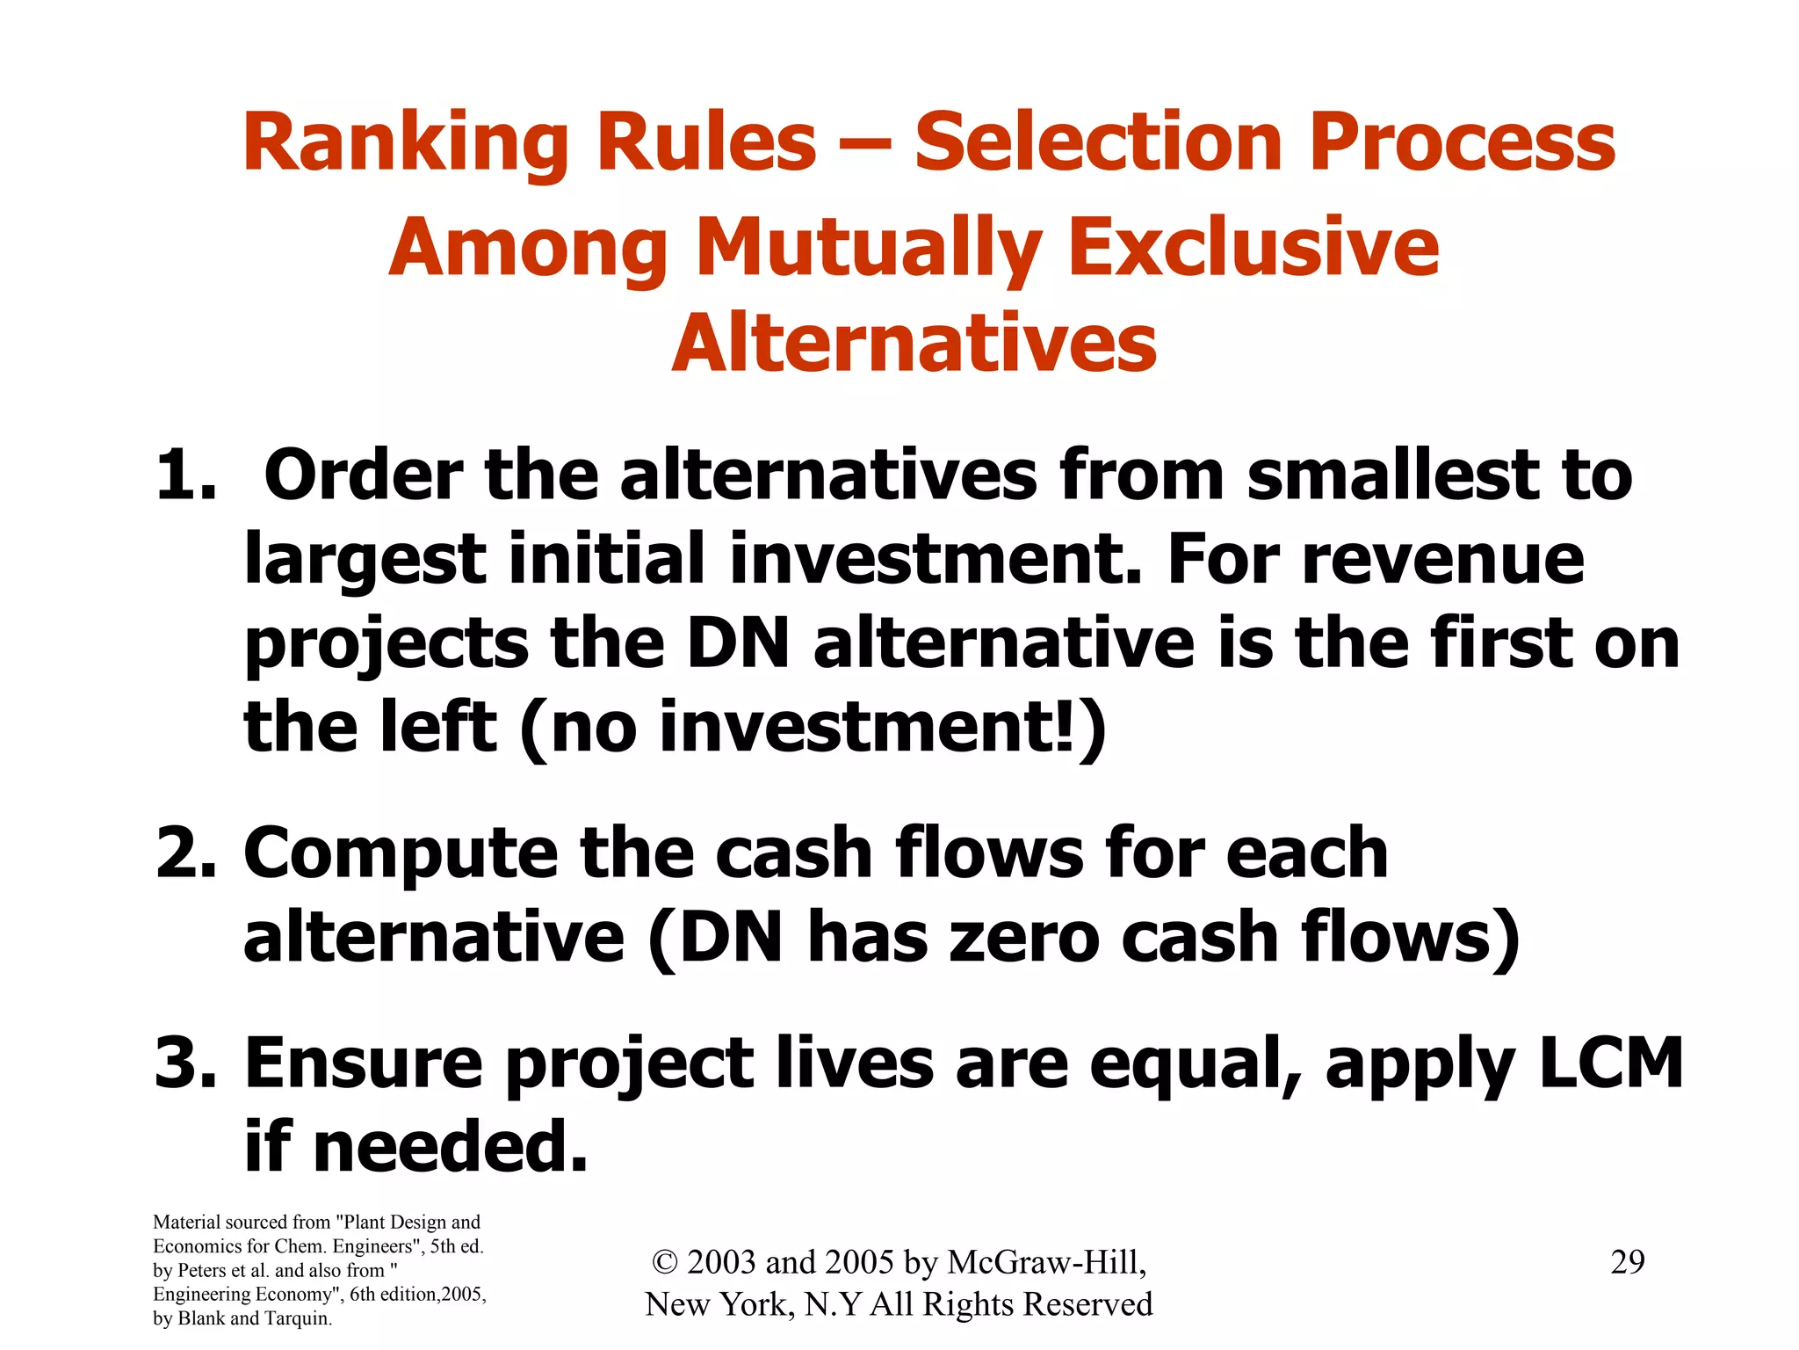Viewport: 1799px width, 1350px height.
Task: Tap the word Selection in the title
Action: click(x=1099, y=142)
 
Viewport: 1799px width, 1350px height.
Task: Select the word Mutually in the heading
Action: click(x=870, y=250)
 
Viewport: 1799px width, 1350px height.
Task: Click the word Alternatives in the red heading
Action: click(x=914, y=345)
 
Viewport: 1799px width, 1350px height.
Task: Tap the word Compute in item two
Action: click(x=401, y=855)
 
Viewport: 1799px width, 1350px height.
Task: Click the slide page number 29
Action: click(x=1627, y=1262)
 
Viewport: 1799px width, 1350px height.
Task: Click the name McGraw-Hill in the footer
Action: click(x=1045, y=1262)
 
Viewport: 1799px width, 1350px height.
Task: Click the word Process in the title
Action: click(x=1462, y=144)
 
